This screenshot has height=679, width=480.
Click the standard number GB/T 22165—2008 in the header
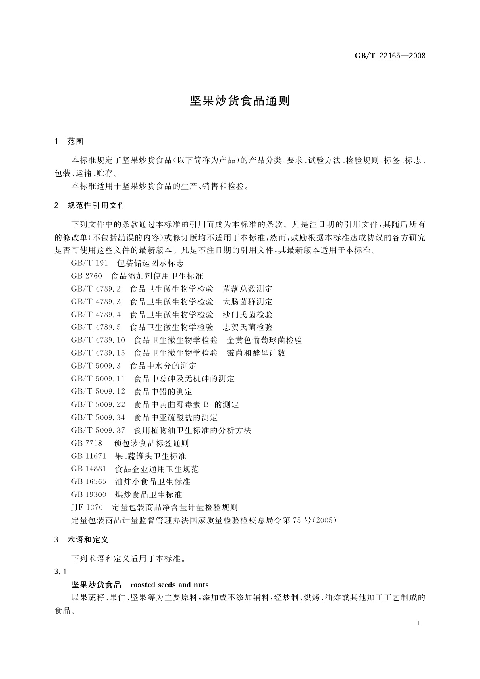click(390, 56)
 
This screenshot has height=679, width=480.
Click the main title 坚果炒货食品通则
click(240, 101)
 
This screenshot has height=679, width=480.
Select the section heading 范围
click(75, 142)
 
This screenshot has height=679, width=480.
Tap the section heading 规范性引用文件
click(97, 206)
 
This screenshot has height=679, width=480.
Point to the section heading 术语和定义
click(88, 539)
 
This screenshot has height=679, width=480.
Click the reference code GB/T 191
click(89, 263)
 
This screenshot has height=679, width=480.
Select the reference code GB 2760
click(87, 276)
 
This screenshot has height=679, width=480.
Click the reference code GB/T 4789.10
click(98, 340)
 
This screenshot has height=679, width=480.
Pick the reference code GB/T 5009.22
click(98, 404)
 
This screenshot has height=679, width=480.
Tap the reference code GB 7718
click(87, 443)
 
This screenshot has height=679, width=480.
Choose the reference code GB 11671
click(89, 456)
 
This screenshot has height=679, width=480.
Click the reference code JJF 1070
click(87, 507)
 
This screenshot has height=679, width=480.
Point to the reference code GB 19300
click(89, 494)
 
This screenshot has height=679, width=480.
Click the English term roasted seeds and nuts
click(169, 585)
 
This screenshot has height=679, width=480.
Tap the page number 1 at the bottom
click(418, 623)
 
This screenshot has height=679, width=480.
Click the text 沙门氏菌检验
click(247, 315)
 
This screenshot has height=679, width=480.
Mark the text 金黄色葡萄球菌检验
click(264, 340)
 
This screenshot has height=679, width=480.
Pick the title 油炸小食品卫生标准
click(153, 481)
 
